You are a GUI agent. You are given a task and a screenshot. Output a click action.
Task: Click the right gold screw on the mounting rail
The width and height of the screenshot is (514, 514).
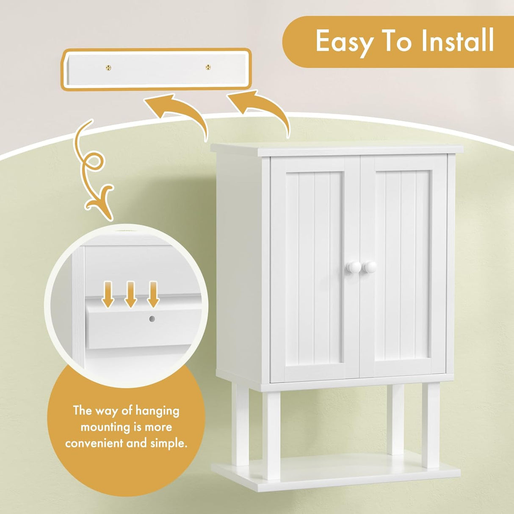[x=208, y=67]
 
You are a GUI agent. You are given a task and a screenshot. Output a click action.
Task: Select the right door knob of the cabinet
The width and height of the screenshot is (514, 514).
[x=370, y=267]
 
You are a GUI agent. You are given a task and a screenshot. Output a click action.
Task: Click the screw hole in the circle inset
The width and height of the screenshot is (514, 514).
[x=152, y=318]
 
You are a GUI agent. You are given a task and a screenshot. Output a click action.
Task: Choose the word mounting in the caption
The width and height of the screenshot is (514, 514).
[x=105, y=427]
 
